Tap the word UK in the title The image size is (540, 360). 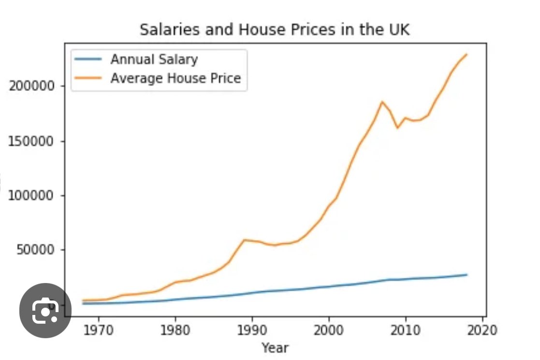[x=396, y=30]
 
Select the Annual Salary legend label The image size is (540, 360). [x=154, y=60]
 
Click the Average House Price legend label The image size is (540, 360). [x=175, y=78]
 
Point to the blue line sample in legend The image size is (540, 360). [x=88, y=60]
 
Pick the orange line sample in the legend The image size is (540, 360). [x=88, y=78]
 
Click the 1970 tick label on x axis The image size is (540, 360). [x=98, y=330]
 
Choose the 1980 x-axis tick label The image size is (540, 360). [x=175, y=330]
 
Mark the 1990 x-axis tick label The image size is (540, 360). [x=252, y=330]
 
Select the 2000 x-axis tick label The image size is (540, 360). [x=329, y=330]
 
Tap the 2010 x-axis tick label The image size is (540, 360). [x=405, y=330]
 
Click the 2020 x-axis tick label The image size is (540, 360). [x=482, y=330]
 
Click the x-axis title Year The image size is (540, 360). [x=275, y=347]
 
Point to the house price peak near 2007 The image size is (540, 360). [x=382, y=102]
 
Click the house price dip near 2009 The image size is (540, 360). [x=397, y=128]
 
